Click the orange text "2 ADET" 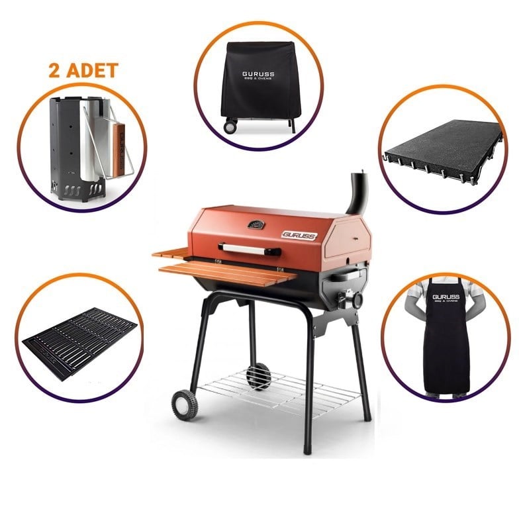tap(83, 71)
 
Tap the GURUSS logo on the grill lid tap(300, 234)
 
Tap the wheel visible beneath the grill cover tap(230, 126)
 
